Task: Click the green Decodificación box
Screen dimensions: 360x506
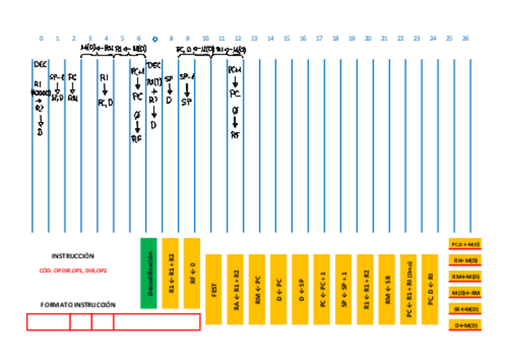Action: pos(149,273)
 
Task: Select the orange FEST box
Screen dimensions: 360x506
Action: pos(214,289)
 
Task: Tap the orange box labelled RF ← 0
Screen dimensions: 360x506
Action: pos(192,273)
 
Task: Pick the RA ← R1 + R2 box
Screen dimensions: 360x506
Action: pos(235,289)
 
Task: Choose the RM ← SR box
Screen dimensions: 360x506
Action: pos(387,289)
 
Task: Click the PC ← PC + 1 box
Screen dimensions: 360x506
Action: pos(322,289)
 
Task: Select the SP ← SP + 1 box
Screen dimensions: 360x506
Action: pos(343,289)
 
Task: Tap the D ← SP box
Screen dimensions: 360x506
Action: pos(300,289)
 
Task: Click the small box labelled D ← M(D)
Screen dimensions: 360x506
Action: pos(465,325)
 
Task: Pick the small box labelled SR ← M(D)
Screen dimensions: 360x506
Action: pos(465,309)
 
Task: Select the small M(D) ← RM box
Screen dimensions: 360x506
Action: pos(465,293)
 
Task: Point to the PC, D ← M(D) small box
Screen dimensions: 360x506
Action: pos(465,244)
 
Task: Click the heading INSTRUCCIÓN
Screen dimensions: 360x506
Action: pos(73,256)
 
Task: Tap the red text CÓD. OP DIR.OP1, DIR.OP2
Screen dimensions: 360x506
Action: pos(73,270)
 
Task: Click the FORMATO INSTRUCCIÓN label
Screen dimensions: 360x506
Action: pos(78,304)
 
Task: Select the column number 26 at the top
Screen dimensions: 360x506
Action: pos(465,38)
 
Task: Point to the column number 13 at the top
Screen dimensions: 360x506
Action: pos(254,38)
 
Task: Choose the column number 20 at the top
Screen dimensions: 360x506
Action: pos(368,38)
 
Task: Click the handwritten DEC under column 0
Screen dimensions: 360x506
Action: pos(40,64)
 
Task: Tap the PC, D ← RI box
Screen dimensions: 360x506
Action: pos(430,289)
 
